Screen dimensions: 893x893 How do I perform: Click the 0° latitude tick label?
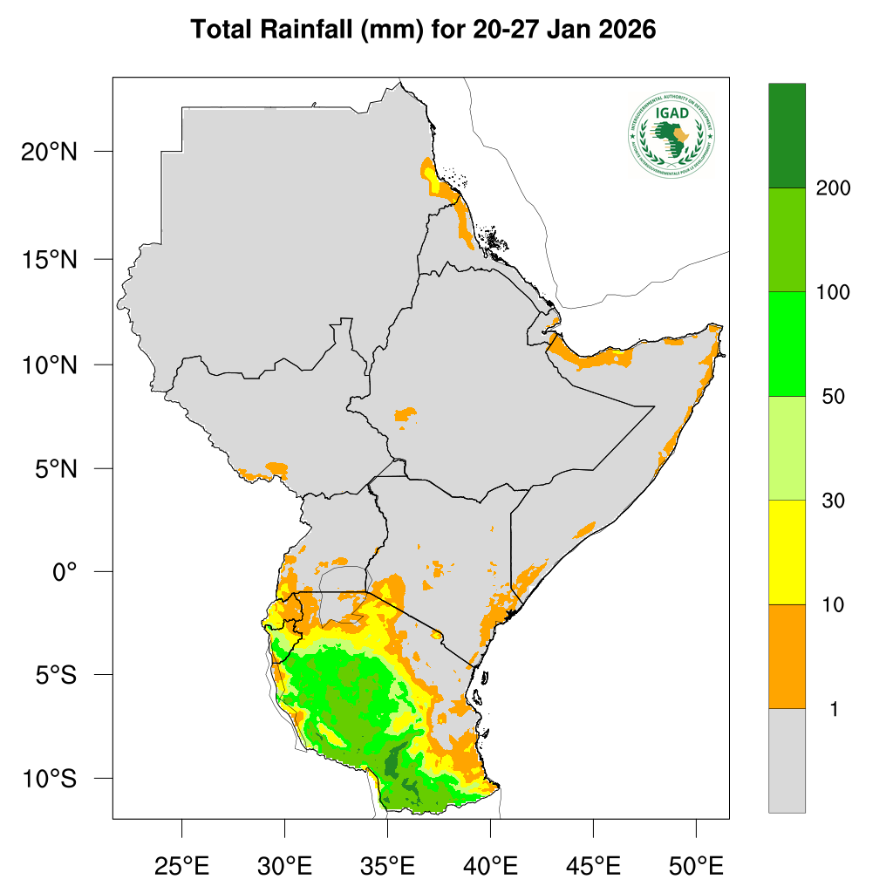tap(65, 572)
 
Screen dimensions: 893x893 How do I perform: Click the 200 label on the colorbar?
tap(833, 188)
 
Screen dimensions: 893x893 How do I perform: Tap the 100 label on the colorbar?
tap(833, 292)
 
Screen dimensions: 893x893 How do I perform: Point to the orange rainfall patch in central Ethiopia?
tap(406, 415)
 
